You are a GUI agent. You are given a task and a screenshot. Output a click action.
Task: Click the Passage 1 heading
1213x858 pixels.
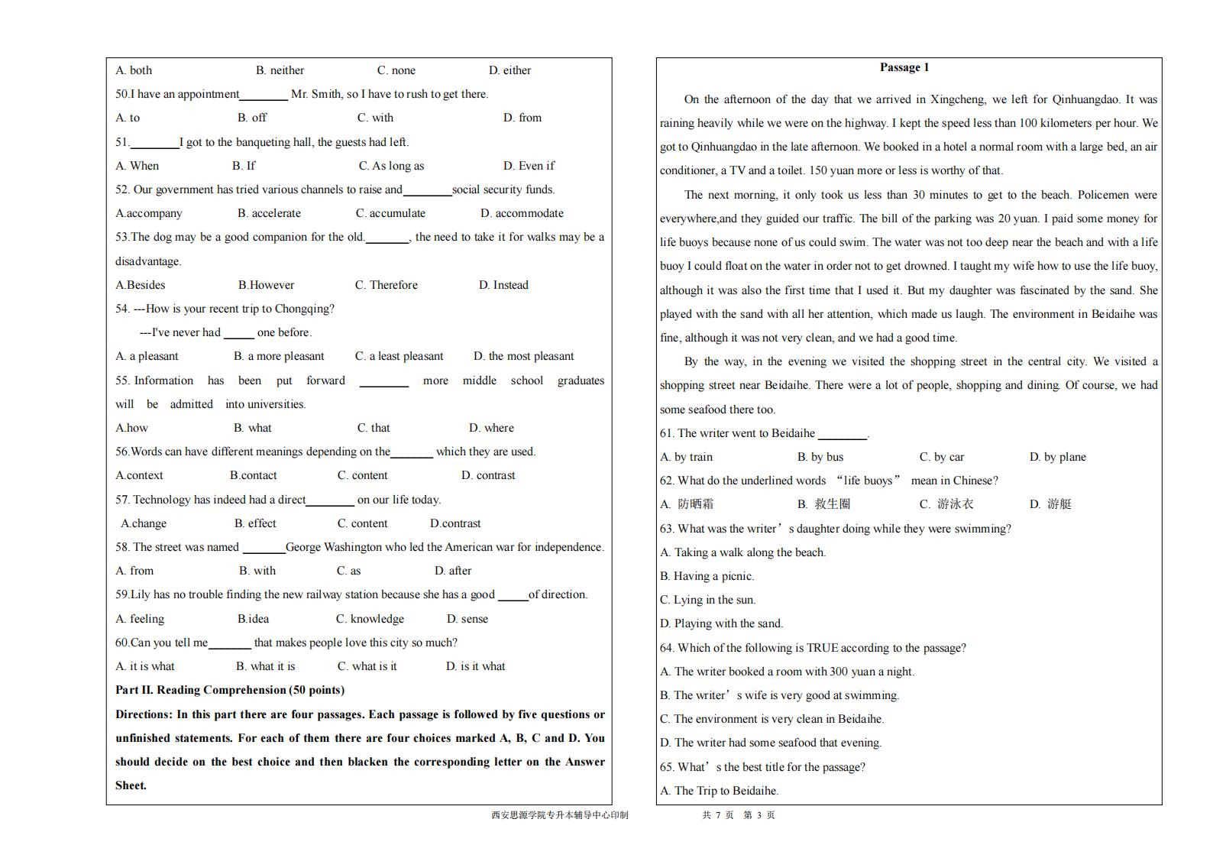(904, 67)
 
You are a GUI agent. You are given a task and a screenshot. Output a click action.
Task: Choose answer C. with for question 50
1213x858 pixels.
(375, 118)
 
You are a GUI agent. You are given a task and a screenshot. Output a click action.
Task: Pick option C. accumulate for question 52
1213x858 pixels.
(390, 213)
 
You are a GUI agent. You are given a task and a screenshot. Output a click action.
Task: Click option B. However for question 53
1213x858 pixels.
(266, 285)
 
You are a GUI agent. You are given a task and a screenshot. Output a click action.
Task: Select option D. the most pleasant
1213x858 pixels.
(523, 356)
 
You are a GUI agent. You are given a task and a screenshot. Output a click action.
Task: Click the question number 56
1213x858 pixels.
(122, 452)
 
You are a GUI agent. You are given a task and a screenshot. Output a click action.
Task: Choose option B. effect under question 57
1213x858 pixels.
(255, 523)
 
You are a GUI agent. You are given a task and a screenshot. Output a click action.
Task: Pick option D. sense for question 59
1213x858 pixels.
(467, 619)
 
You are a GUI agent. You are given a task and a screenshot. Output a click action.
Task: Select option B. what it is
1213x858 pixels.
(265, 666)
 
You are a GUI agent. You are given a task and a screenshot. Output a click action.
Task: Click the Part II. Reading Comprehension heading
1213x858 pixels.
(230, 690)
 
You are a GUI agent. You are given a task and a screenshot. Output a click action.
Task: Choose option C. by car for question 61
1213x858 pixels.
(941, 457)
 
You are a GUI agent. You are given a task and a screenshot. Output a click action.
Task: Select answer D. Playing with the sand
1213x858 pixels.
(721, 623)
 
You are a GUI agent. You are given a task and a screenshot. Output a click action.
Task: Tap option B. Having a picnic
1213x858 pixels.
(707, 576)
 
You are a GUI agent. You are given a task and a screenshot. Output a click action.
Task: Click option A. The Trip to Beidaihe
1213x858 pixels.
(719, 791)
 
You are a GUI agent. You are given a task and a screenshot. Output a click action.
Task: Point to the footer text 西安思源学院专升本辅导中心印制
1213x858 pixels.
(560, 815)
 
